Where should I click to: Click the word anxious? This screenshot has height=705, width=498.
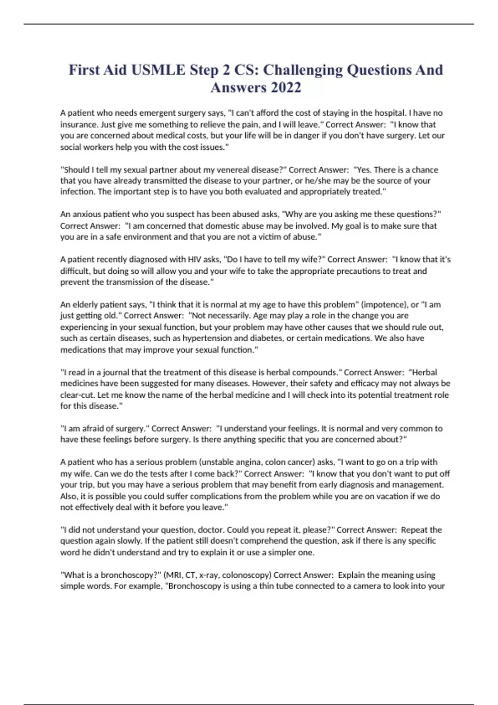[86, 214]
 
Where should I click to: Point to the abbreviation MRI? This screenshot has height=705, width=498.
[174, 575]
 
